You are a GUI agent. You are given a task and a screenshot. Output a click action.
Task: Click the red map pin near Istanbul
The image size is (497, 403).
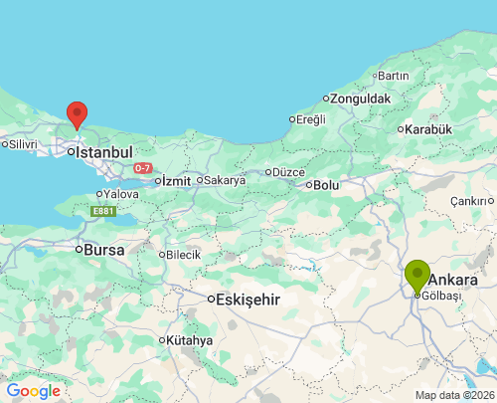76,113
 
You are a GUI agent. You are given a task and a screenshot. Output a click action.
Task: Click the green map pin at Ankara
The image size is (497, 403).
417,273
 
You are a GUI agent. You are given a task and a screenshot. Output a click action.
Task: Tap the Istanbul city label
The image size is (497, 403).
103,152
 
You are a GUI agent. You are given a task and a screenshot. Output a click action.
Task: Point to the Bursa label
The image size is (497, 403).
104,251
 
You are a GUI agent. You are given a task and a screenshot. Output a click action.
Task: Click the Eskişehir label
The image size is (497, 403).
248,300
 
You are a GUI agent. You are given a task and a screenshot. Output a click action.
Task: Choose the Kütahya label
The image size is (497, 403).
190,340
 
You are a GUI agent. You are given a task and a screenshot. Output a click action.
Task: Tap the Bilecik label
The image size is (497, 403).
183,255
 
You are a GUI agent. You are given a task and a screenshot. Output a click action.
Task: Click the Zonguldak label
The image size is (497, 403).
362,99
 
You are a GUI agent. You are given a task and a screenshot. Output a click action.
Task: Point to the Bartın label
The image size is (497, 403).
393,76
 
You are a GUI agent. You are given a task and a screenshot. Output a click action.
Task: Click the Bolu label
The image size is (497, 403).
325,185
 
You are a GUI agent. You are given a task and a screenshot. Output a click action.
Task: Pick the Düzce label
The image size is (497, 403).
287,171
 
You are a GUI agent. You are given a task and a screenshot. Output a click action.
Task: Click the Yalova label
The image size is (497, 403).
121,193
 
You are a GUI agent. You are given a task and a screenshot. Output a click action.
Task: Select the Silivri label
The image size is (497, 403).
22,144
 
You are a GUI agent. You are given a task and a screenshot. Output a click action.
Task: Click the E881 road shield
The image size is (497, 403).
102,211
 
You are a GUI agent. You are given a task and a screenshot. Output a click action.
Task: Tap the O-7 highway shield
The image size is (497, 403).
143,168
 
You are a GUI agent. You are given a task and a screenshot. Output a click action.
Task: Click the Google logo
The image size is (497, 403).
34,391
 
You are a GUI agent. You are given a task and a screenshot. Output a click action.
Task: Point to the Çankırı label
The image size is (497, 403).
471,201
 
